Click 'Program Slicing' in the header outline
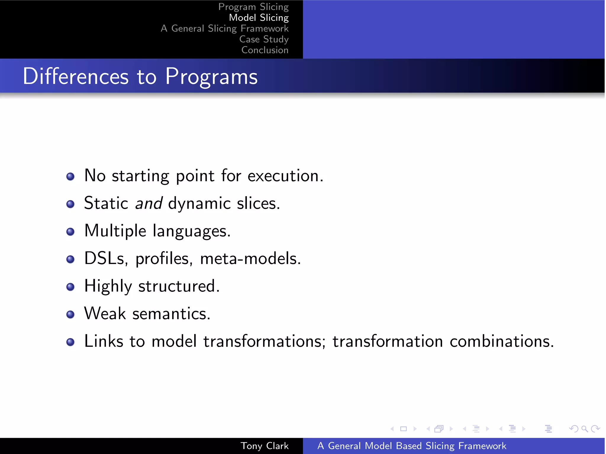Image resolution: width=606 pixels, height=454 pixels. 253,7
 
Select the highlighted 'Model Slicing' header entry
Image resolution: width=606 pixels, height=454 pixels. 259,18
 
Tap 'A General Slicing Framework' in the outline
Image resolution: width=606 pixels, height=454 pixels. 225,28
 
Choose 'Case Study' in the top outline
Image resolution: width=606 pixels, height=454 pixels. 264,39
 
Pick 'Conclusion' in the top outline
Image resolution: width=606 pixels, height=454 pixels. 265,50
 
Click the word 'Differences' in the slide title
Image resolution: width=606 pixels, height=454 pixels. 76,76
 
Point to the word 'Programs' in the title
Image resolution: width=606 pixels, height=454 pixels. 211,76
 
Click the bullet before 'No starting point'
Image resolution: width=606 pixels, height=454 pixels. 70,176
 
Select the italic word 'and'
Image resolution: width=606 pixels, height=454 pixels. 149,203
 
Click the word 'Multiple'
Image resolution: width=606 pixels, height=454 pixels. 115,231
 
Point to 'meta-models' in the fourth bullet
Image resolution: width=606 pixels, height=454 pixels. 250,258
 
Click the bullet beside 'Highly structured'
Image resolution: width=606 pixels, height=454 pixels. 70,287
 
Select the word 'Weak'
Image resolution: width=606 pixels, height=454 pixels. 105,313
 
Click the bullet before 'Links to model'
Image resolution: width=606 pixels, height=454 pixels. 70,342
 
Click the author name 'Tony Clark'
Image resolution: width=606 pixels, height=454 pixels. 265,446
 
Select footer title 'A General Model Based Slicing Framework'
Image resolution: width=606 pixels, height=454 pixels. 412,446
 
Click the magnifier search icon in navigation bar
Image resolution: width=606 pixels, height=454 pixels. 584,429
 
